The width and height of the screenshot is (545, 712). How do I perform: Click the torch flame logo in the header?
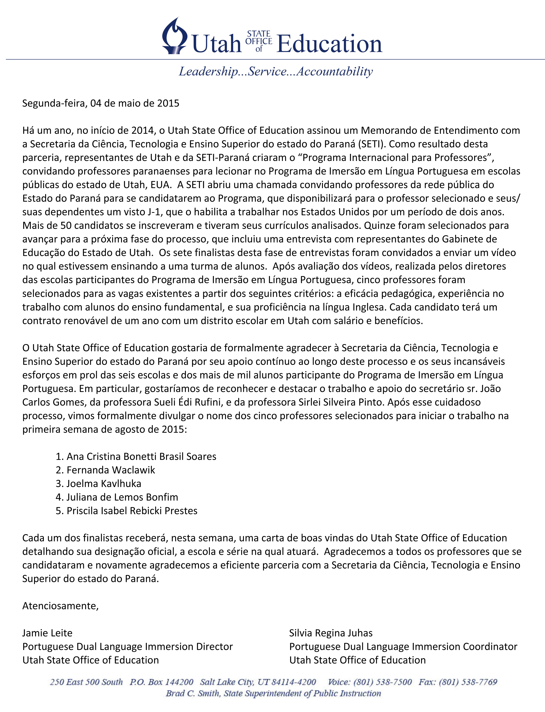point(174,36)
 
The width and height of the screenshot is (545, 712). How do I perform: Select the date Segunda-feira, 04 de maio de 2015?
point(101,103)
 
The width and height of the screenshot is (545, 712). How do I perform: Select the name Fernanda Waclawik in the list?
point(111,470)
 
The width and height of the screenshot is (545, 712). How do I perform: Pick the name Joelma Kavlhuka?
point(104,484)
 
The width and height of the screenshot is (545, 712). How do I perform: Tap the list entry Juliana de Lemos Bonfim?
point(122,497)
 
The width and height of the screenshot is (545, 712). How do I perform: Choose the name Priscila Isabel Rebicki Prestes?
point(132,511)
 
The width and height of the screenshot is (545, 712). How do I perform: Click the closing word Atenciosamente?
point(60,606)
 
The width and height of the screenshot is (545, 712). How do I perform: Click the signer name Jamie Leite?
point(47,633)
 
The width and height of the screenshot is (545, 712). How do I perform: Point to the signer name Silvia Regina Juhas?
point(330,633)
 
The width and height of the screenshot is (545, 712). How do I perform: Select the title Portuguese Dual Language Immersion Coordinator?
point(403,647)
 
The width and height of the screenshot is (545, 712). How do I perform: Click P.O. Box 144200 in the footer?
point(161,682)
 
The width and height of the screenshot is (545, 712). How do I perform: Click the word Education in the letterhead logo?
point(329,44)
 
